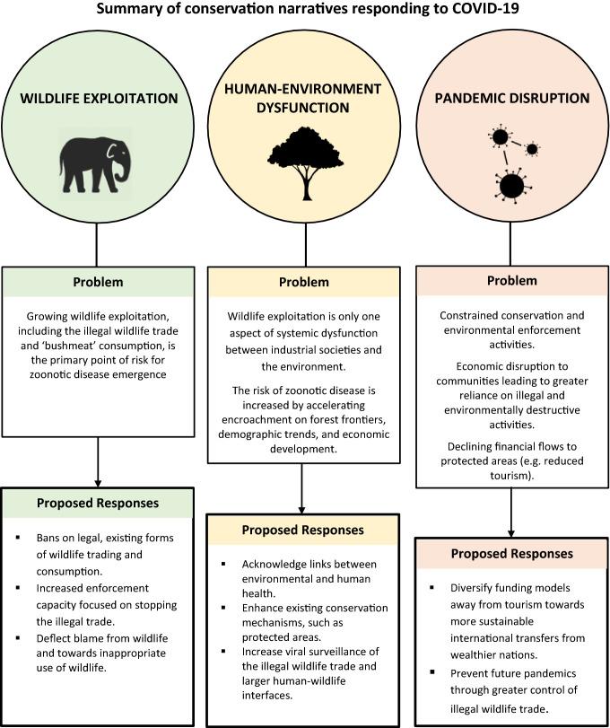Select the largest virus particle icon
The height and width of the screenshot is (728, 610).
[x=510, y=186]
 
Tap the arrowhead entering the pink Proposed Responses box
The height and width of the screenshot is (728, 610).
[x=512, y=531]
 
